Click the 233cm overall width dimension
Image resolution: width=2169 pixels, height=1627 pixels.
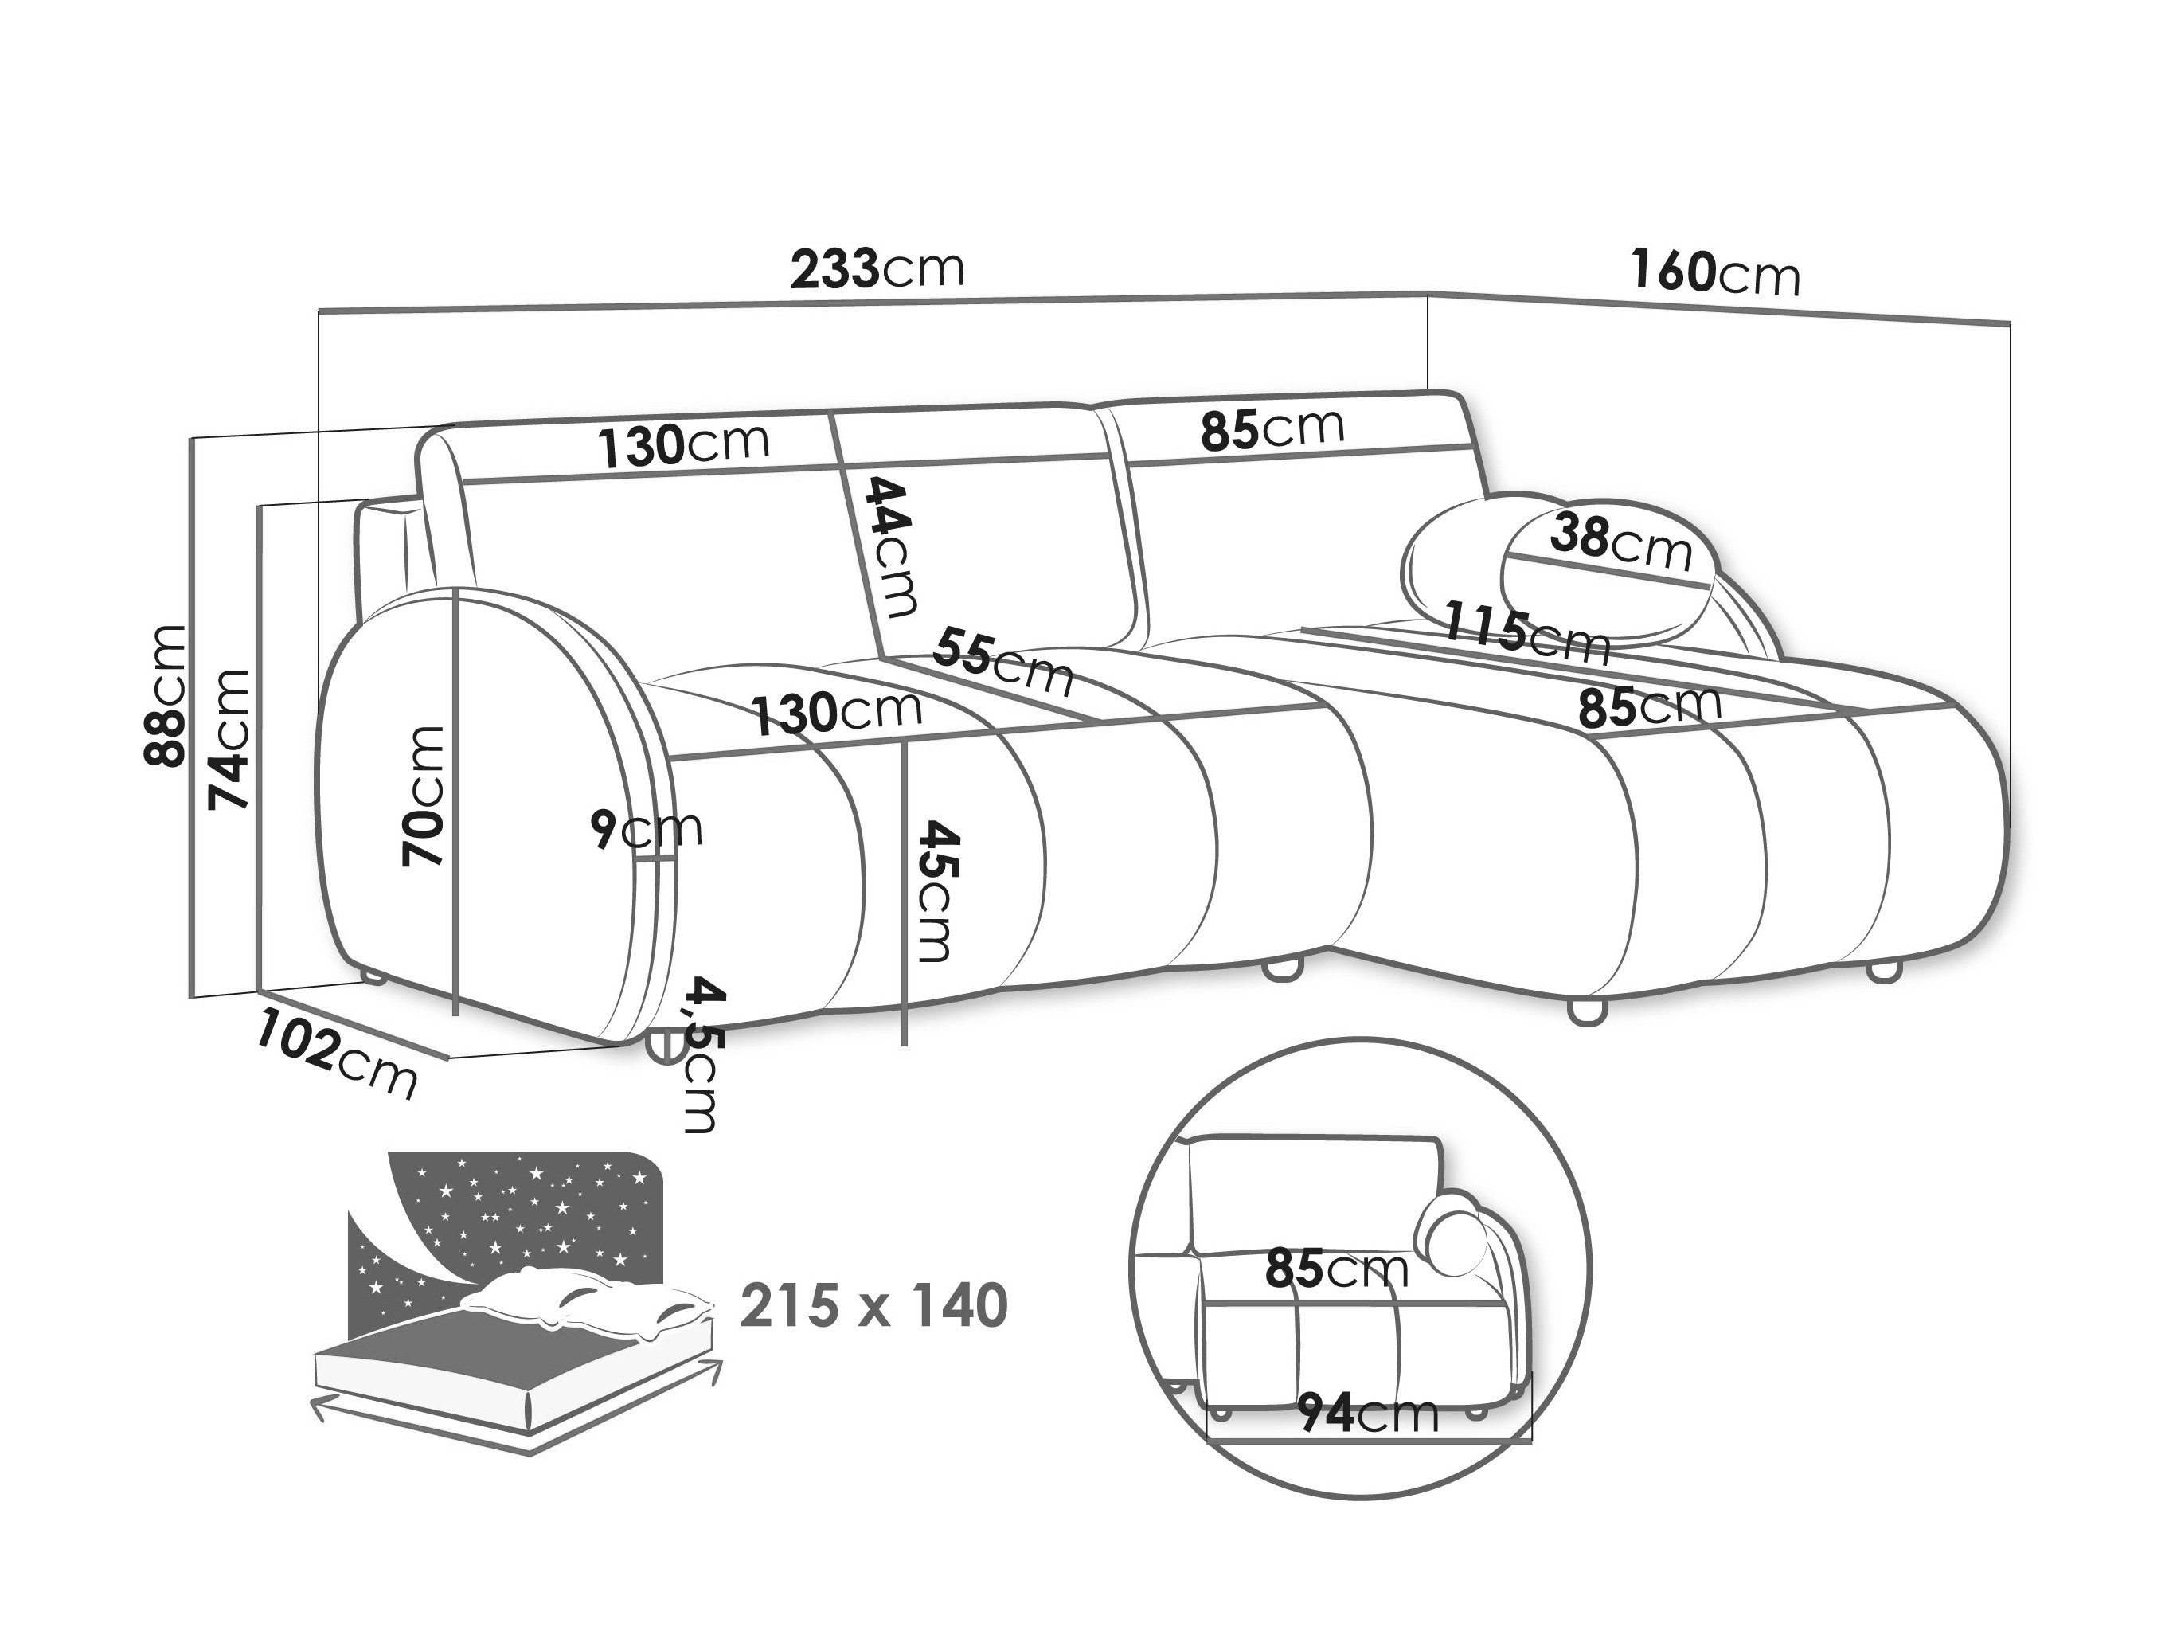pos(877,268)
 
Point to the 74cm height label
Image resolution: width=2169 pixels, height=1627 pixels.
pos(229,740)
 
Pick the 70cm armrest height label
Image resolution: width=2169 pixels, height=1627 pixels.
pos(423,796)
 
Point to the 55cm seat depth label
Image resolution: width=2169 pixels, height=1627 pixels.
pos(1003,662)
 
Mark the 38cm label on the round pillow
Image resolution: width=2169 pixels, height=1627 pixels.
pos(1622,543)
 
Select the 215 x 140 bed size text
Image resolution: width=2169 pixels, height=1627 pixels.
pos(873,1305)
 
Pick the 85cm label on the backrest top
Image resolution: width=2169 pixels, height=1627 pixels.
pos(1272,428)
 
